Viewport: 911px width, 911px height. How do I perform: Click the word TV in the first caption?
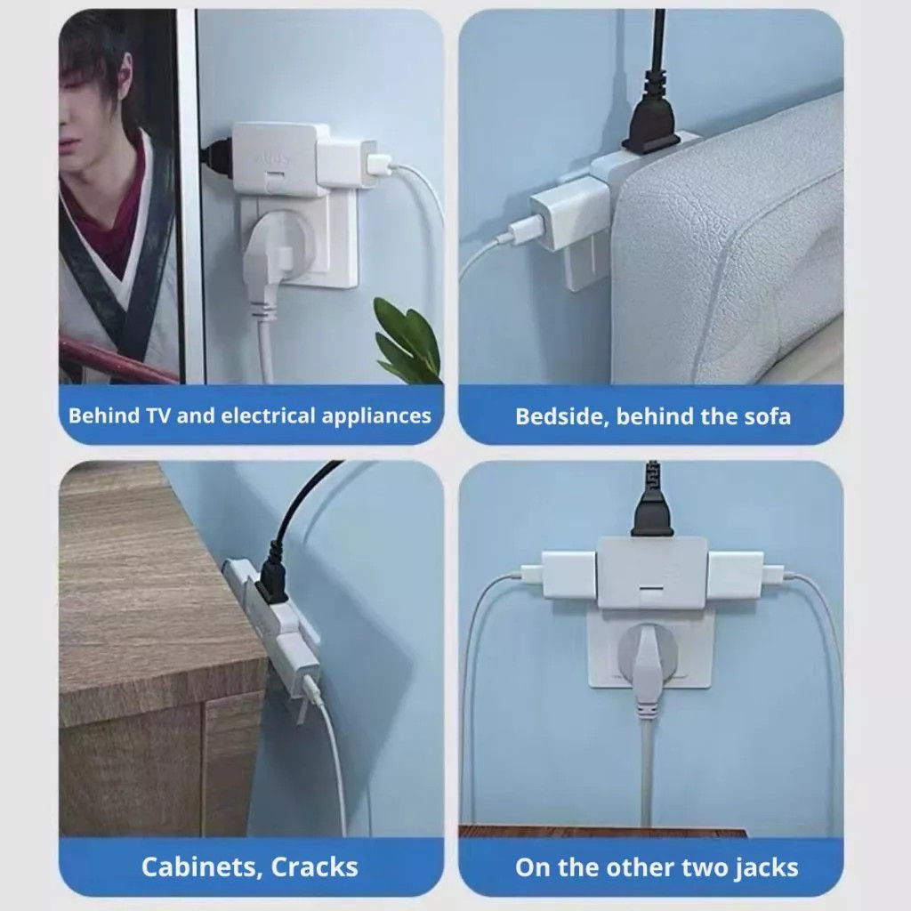pyautogui.click(x=158, y=415)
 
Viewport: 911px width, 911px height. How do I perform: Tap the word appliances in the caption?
pyautogui.click(x=376, y=416)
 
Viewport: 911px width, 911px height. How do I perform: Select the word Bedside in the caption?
pyautogui.click(x=561, y=416)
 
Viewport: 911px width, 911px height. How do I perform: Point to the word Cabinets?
pyautogui.click(x=202, y=867)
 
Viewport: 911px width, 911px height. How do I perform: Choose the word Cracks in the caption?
pyautogui.click(x=314, y=867)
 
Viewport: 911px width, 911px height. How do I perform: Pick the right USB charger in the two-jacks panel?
pyautogui.click(x=738, y=574)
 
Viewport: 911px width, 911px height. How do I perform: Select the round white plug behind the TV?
pyautogui.click(x=278, y=244)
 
